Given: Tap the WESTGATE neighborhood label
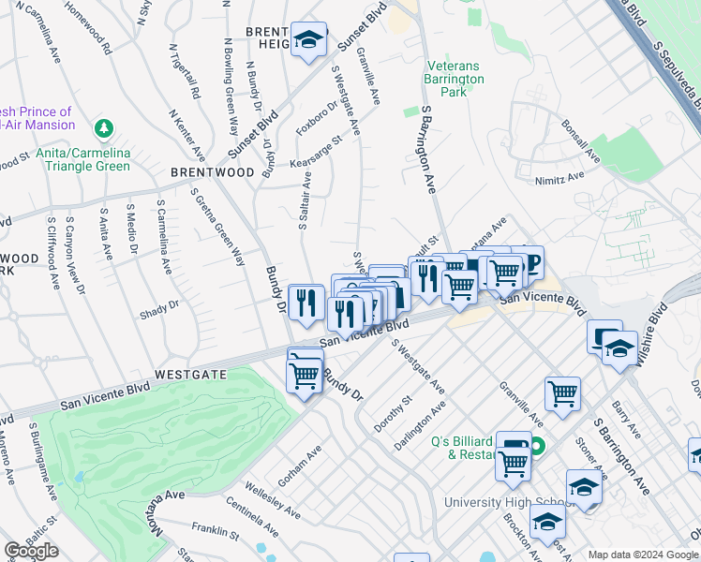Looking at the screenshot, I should coord(191,373).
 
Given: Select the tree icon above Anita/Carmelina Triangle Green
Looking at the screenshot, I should coord(105,127).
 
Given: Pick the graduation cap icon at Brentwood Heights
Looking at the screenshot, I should coord(307,40).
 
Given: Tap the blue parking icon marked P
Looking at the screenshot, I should coord(530,261).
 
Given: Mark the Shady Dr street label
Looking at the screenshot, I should coord(158,307).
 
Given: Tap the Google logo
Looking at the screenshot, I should coord(31,551).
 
